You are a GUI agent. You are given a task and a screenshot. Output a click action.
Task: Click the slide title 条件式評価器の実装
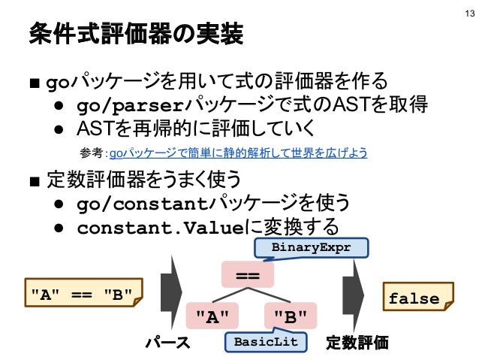(x=135, y=34)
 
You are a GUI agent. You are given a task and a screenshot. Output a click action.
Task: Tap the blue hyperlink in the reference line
(x=238, y=155)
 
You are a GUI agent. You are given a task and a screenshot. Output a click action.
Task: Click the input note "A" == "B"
(x=83, y=293)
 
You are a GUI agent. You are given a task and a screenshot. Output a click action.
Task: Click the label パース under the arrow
(x=168, y=343)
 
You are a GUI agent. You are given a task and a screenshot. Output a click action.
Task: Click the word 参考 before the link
(x=94, y=155)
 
